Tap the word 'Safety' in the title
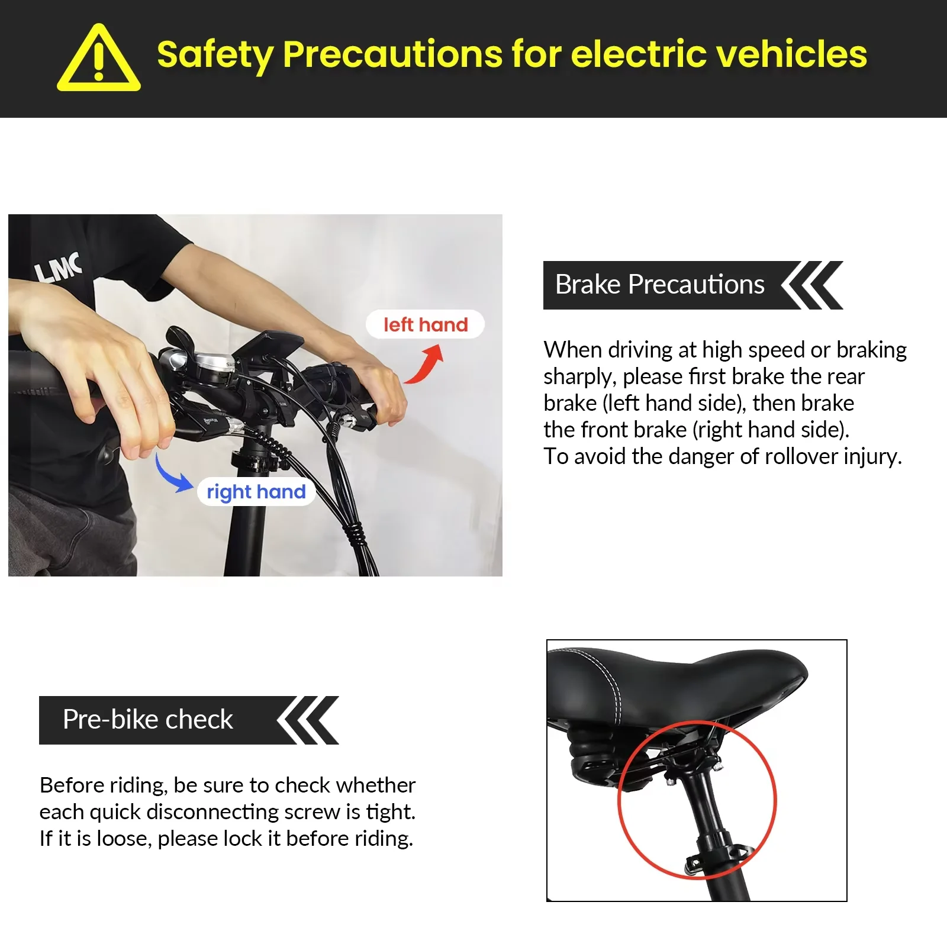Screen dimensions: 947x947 [x=214, y=55]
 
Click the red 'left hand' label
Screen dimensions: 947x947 [x=426, y=324]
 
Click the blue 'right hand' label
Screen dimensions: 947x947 [x=256, y=492]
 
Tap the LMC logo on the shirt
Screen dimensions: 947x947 [x=58, y=267]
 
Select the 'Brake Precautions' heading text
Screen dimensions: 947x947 [x=659, y=285]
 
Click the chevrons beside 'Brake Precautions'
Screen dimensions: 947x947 [x=812, y=285]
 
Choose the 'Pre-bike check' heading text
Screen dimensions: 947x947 [x=148, y=720]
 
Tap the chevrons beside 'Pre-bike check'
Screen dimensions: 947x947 [x=308, y=720]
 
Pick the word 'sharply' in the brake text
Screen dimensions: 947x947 [x=579, y=378]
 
